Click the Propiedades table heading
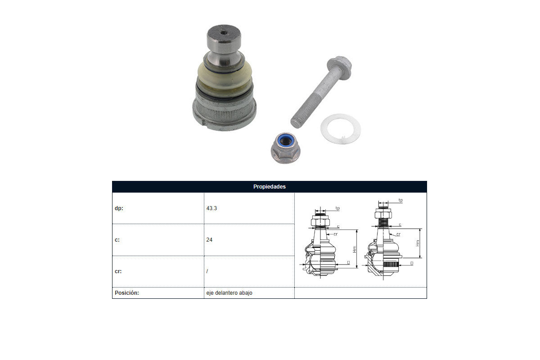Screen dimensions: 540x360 (x=269, y=187)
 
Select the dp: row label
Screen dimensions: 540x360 (x=119, y=208)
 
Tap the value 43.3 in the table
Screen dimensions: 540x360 (x=211, y=208)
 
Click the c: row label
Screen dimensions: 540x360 (x=117, y=240)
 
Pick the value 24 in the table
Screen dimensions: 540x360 (x=209, y=240)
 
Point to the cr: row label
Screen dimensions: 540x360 (x=118, y=271)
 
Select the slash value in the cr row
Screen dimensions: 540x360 (x=207, y=271)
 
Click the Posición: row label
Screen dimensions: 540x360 (x=127, y=293)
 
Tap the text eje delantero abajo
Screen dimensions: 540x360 (x=229, y=293)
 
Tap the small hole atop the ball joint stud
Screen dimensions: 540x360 (x=224, y=33)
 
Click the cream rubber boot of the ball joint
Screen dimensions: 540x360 (x=225, y=80)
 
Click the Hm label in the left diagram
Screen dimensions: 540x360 (x=355, y=249)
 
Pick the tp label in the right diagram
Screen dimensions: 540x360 (x=400, y=200)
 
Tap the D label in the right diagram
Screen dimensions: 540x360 (x=412, y=263)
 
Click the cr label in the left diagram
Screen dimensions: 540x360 (x=336, y=234)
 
